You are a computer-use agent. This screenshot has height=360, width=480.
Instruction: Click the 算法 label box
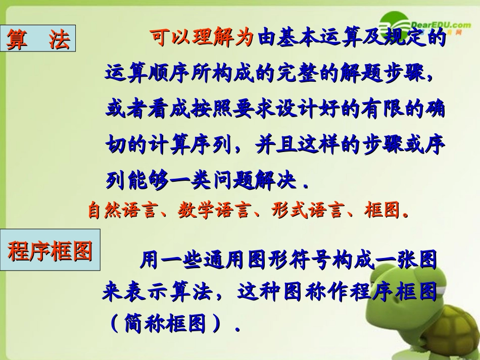[x=38, y=39]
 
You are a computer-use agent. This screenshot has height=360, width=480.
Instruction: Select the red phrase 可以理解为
[x=200, y=39]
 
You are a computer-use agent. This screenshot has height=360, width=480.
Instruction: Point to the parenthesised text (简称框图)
[x=167, y=324]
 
